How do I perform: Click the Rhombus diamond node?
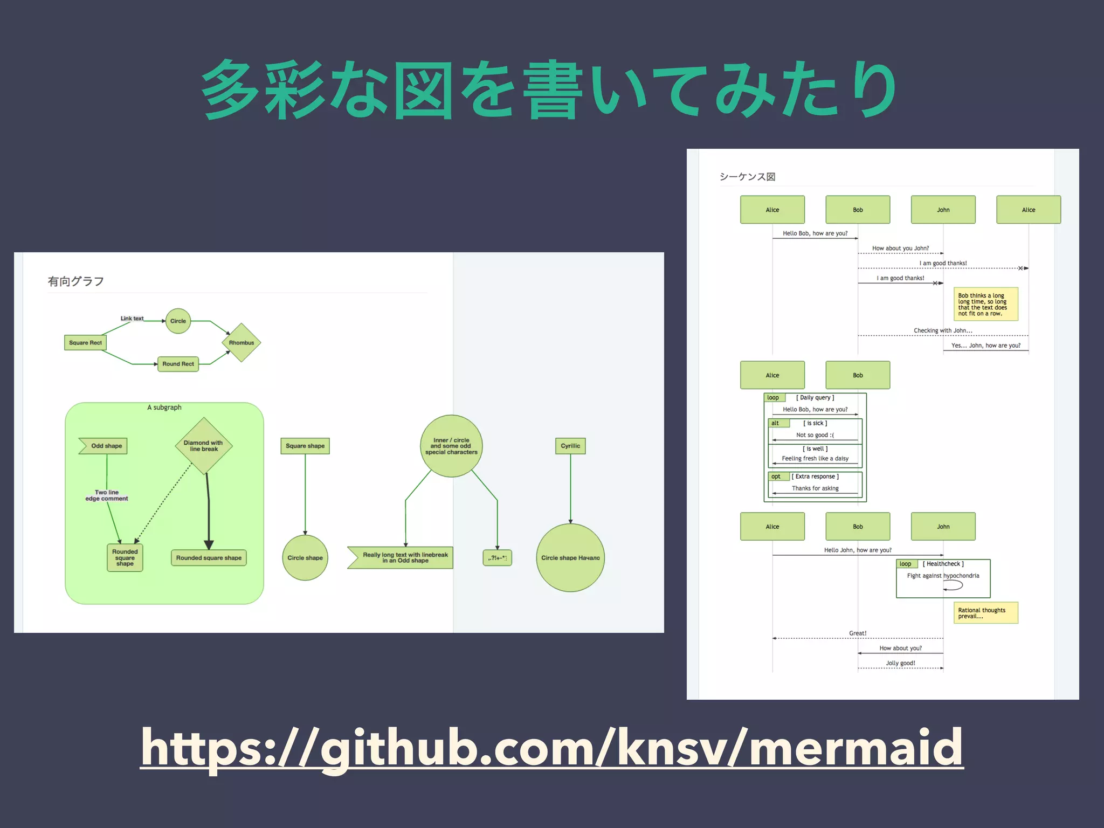pyautogui.click(x=241, y=342)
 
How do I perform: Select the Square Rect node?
pyautogui.click(x=85, y=342)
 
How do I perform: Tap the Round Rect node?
pyautogui.click(x=178, y=364)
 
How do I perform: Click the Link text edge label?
pyautogui.click(x=132, y=319)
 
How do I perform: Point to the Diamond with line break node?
pyautogui.click(x=204, y=446)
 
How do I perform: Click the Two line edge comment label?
pyautogui.click(x=107, y=495)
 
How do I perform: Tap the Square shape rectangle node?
pyautogui.click(x=305, y=446)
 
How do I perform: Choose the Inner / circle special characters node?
pyautogui.click(x=451, y=446)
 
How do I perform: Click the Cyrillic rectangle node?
pyautogui.click(x=570, y=446)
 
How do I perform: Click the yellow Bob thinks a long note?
pyautogui.click(x=985, y=304)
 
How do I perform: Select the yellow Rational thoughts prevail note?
pyautogui.click(x=985, y=613)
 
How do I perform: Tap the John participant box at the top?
pyautogui.click(x=943, y=210)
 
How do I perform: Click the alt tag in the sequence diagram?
pyautogui.click(x=776, y=423)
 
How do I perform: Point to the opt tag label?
pyautogui.click(x=776, y=477)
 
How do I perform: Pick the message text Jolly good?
pyautogui.click(x=900, y=663)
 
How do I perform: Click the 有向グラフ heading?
pyautogui.click(x=76, y=281)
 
